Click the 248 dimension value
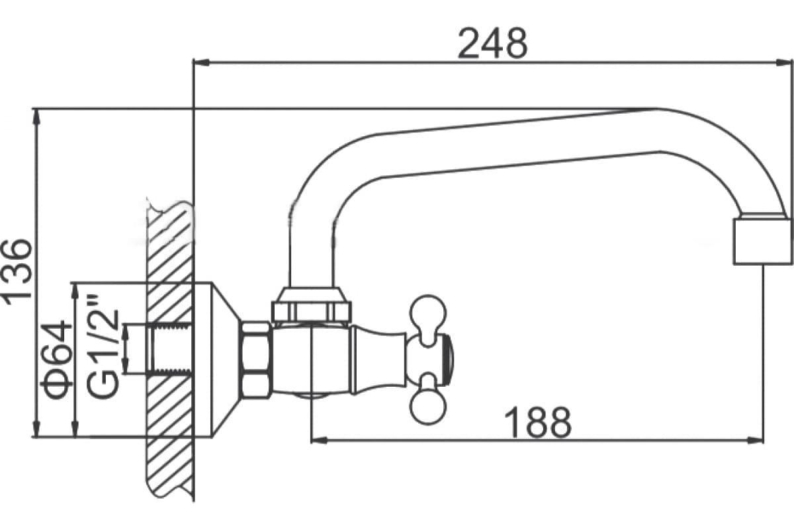tap(493, 44)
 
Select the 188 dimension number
tap(538, 422)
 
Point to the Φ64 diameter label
tap(57, 360)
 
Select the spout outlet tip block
tap(762, 241)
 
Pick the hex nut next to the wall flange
tap(257, 360)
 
